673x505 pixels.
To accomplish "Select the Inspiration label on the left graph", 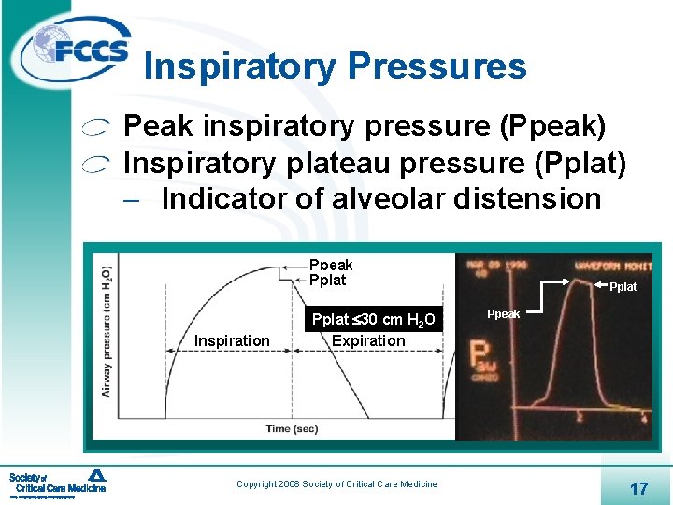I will [x=232, y=340].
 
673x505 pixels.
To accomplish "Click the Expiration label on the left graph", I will [x=368, y=340].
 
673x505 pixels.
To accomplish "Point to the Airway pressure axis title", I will [x=107, y=330].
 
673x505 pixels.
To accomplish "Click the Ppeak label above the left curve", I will [x=331, y=266].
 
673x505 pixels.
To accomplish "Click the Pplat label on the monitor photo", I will [x=623, y=287].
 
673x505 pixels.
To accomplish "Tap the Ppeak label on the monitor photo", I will [x=504, y=314].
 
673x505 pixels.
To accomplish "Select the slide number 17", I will [x=639, y=488].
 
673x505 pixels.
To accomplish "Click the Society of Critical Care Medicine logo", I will [x=58, y=483].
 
